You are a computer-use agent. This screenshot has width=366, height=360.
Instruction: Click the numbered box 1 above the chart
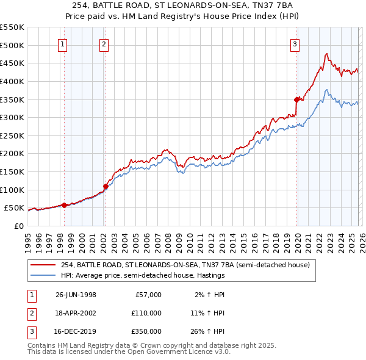tap(63, 44)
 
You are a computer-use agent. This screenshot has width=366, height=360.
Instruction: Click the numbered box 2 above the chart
tap(104, 44)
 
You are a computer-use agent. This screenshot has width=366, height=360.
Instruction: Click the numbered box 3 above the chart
tap(295, 44)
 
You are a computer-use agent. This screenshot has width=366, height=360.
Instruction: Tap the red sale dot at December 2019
tap(297, 99)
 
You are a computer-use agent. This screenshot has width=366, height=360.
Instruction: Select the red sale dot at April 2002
tap(106, 186)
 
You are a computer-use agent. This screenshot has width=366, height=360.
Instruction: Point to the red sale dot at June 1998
tap(65, 205)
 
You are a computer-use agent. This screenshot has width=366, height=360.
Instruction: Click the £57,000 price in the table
tap(147, 295)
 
